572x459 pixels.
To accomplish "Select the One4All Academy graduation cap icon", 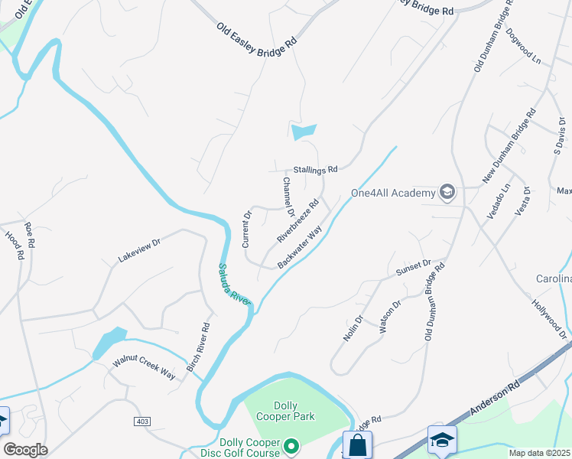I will pos(447,192).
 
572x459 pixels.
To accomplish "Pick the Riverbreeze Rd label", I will pos(297,223).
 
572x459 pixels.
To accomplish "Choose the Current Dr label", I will pos(246,229).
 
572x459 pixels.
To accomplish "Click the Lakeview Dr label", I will pos(139,250).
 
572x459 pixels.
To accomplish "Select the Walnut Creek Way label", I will pos(144,367).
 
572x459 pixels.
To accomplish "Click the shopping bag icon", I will pos(357,444).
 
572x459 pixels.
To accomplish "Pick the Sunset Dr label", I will pos(414,268).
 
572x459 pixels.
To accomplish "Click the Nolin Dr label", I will pos(353,328).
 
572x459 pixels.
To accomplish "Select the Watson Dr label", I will pos(390,316).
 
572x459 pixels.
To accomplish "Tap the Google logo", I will pos(25,450).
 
